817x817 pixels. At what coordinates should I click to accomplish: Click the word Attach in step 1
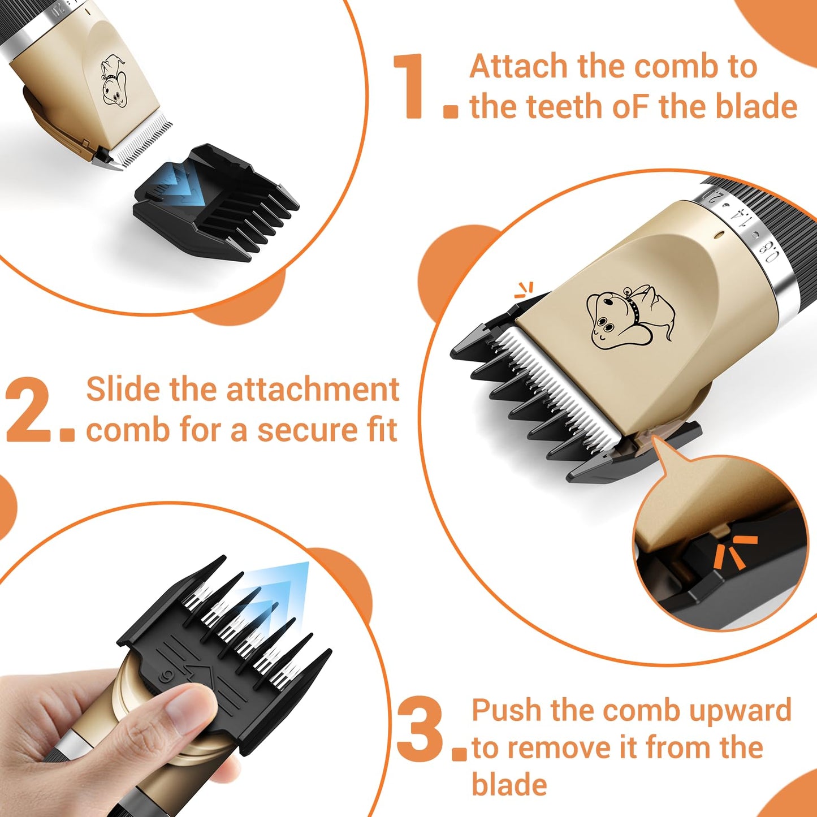pyautogui.click(x=520, y=67)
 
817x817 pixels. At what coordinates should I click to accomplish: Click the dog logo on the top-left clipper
pyautogui.click(x=114, y=80)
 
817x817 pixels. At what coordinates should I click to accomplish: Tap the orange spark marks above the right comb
pyautogui.click(x=525, y=290)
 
